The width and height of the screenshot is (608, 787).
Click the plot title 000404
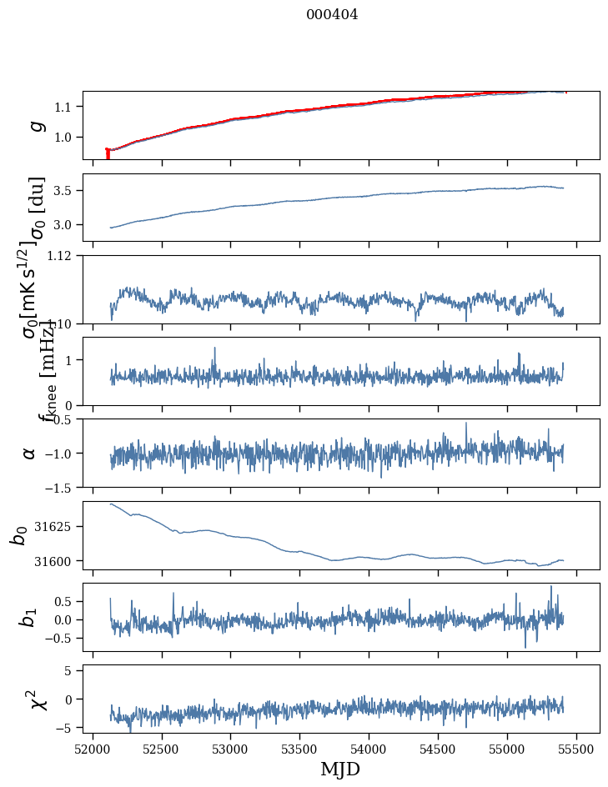point(332,14)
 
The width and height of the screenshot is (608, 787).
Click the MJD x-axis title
point(340,769)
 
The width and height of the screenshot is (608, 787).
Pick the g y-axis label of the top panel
point(36,125)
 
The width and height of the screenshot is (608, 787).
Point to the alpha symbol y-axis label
point(29,453)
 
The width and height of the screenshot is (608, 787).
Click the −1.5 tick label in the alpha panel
point(62,487)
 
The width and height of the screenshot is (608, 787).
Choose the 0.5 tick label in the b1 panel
point(65,601)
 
